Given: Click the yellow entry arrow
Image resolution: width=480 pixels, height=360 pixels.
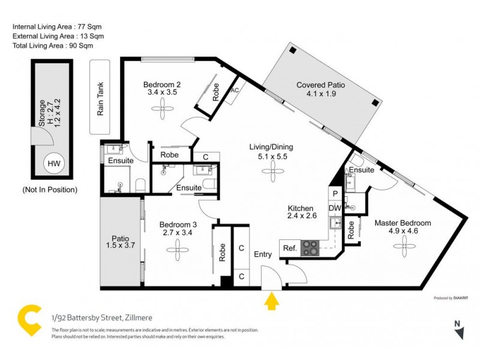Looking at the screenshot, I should pos(271,301).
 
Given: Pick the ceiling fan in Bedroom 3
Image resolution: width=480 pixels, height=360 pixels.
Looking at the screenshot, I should pos(178,247).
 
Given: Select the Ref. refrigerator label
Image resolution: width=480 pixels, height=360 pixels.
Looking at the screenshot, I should pos(289,248).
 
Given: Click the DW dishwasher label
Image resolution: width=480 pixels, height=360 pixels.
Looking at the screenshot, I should pos(335,208).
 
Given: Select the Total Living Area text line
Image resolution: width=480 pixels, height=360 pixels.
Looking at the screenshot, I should pos(53,45).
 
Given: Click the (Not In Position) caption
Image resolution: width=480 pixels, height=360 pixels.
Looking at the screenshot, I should pos(50,190).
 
